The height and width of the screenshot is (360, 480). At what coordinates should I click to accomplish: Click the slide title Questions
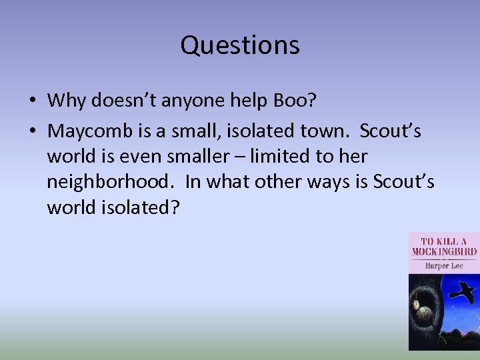click(x=240, y=45)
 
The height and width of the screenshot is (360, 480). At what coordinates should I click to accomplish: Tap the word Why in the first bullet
click(x=67, y=101)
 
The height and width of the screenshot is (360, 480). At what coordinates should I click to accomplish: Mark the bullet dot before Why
click(x=32, y=101)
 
